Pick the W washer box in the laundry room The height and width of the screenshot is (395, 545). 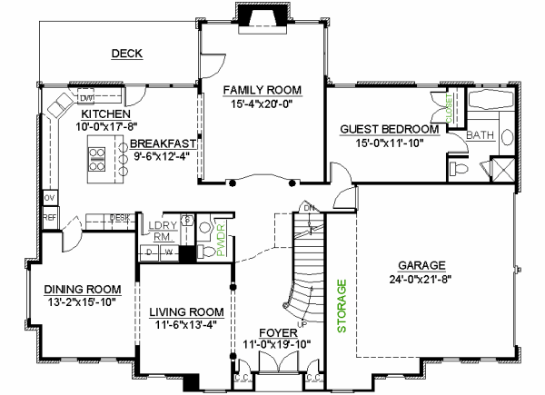pyautogui.click(x=167, y=252)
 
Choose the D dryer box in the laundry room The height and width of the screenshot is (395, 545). pyautogui.click(x=150, y=252)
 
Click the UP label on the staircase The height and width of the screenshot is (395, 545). pyautogui.click(x=303, y=323)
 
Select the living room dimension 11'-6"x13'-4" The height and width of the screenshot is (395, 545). pyautogui.click(x=186, y=324)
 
